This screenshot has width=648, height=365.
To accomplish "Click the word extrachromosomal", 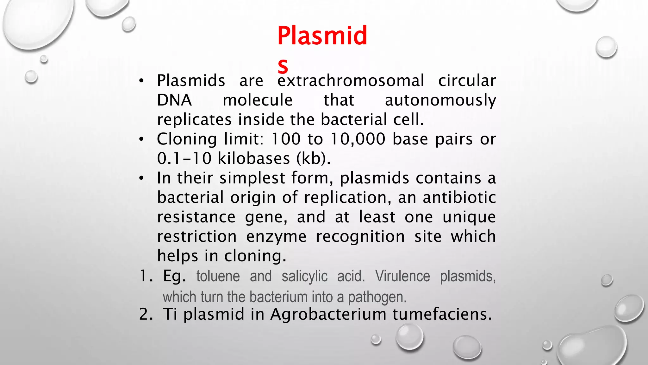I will click(x=351, y=80).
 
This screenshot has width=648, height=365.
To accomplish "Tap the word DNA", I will click(x=174, y=100).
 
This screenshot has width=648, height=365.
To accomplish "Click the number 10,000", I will click(x=358, y=139).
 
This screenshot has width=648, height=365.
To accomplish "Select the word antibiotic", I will click(x=459, y=197).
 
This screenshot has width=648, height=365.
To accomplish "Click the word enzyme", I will click(x=276, y=237).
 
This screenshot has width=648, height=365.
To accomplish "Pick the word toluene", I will click(x=218, y=276).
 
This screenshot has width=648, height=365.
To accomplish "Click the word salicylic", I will click(x=304, y=276).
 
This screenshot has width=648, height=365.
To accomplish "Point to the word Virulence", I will click(x=402, y=276).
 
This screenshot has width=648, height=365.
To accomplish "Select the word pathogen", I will click(x=377, y=297).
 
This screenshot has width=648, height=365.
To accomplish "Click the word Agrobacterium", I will click(x=328, y=314).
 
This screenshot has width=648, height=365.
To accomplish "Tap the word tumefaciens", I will click(x=442, y=314).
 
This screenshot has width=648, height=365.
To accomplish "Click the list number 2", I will click(x=146, y=314).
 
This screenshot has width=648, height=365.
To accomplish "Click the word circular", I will click(x=467, y=80).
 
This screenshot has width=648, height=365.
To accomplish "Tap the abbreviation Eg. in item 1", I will click(x=174, y=276).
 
